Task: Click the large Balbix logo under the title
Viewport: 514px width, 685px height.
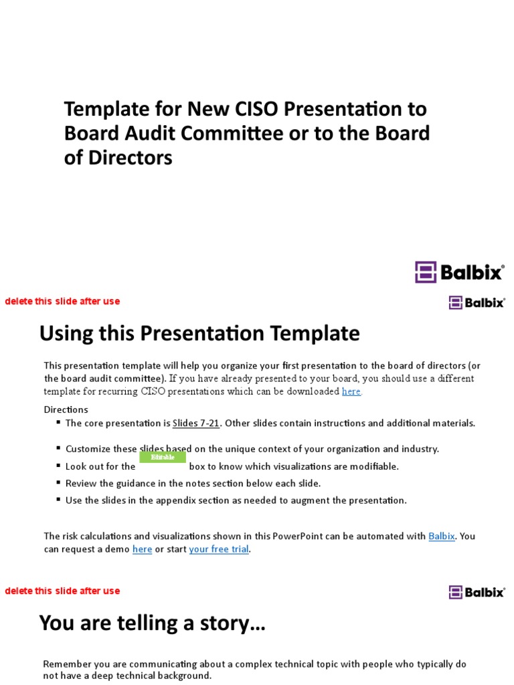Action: coord(459,272)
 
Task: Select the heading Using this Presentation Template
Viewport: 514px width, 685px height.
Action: coord(199,333)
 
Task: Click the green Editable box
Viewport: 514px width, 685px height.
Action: coord(163,458)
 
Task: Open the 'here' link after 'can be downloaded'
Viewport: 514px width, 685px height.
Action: coord(351,391)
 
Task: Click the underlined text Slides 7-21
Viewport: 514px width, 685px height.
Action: coord(197,423)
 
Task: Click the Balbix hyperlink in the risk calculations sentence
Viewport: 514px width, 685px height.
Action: coord(442,536)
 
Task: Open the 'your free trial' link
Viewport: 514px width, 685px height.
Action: coord(219,549)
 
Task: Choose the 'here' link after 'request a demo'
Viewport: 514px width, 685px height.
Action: coord(142,549)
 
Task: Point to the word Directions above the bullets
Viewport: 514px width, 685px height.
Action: coord(66,409)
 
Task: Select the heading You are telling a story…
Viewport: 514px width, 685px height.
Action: coord(153,623)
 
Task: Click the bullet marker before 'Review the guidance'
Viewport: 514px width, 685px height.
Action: coord(58,482)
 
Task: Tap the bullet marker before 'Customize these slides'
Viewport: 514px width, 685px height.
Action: coord(58,448)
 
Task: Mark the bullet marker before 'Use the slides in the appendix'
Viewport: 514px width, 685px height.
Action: coord(58,500)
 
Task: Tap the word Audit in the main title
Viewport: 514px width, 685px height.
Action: coord(151,133)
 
